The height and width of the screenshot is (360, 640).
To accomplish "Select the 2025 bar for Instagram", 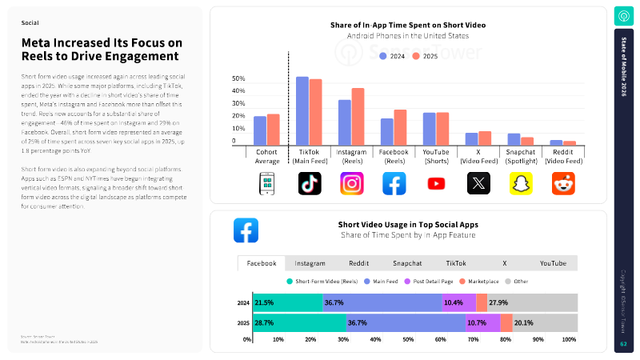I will point(358,116).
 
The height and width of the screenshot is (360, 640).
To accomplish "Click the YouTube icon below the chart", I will point(436,183).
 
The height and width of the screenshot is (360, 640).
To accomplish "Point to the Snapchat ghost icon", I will point(521,183).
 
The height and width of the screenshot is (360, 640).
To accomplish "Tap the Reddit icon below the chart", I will point(563,183).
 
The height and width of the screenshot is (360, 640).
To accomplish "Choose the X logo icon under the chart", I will point(478,183).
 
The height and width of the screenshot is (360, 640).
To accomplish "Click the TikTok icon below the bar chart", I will point(310,183).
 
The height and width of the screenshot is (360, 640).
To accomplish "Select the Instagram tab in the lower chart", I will point(310,263).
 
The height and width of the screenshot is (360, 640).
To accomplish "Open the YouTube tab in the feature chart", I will point(553,263).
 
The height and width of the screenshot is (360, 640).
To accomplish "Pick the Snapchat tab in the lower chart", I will point(407,263).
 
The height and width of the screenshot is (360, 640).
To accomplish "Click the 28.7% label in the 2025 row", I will point(265,323).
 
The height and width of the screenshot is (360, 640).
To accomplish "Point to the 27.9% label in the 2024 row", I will point(498,302).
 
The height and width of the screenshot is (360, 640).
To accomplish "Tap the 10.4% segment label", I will point(454,302).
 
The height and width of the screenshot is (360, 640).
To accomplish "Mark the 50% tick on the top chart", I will point(238,78).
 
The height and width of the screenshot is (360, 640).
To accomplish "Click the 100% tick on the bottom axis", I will point(570,339).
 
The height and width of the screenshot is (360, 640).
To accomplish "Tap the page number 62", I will point(623,344).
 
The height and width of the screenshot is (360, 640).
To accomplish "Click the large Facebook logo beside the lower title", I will point(246,230).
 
